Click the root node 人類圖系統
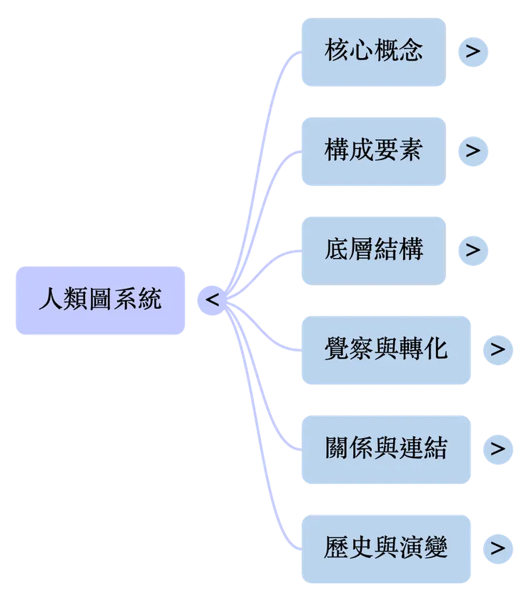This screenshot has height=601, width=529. tap(99, 299)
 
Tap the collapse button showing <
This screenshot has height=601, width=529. tap(212, 300)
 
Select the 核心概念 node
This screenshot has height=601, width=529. tap(373, 52)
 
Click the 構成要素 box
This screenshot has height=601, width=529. tap(373, 151)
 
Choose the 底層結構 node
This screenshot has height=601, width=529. tap(373, 249)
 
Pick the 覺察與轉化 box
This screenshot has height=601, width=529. tap(385, 349)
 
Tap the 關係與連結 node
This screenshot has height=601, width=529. tap(385, 449)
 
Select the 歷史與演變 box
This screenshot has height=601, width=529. tap(385, 548)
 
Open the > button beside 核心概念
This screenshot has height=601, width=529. tap(473, 51)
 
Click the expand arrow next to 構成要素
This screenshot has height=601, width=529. tap(473, 151)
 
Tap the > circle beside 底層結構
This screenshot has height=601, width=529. tap(473, 250)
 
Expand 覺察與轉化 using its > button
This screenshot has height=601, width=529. tap(498, 349)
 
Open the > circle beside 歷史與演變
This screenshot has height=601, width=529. tap(498, 548)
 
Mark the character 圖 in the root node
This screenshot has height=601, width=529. tap(99, 299)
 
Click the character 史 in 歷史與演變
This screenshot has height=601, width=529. tap(360, 548)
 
